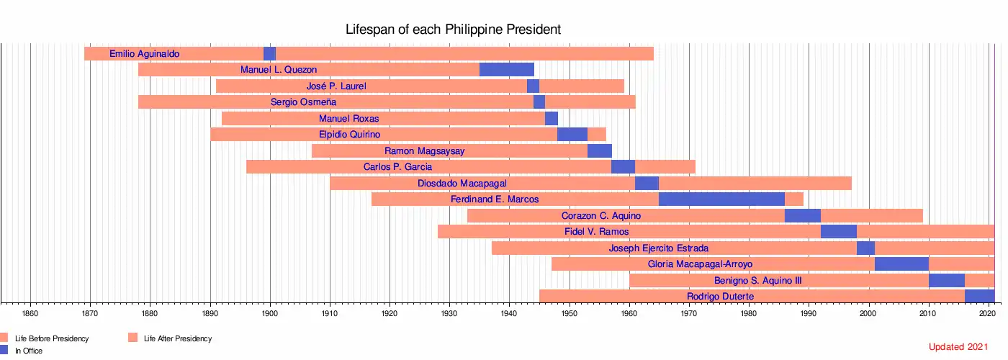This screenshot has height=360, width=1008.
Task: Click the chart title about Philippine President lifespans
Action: [x=453, y=30]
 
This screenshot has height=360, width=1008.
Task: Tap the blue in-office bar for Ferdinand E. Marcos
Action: [x=721, y=199]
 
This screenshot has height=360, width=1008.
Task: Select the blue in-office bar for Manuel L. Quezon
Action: [x=506, y=70]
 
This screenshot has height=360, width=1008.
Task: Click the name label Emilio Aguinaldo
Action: [x=144, y=54]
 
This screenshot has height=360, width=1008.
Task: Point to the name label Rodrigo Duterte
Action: [x=720, y=297]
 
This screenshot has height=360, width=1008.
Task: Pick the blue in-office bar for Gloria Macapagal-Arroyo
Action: [x=901, y=264]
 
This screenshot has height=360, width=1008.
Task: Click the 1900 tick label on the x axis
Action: [x=270, y=314]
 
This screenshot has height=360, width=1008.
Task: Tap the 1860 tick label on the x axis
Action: [x=30, y=314]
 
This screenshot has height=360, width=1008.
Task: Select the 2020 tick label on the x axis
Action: [x=988, y=314]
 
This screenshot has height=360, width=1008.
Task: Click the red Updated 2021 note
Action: [x=958, y=347]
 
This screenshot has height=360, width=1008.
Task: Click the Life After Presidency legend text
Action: [x=178, y=338]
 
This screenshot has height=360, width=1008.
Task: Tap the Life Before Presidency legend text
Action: [x=52, y=338]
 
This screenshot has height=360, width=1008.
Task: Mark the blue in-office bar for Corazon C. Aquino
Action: [x=802, y=215]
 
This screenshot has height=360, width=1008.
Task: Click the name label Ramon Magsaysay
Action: [x=424, y=151]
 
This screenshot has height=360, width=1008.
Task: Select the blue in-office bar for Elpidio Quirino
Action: [x=572, y=135]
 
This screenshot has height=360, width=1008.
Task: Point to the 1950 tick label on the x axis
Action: [x=569, y=314]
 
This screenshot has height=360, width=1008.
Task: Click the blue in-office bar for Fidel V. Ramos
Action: [x=838, y=232]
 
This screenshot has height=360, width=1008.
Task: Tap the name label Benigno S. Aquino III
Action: [x=757, y=280]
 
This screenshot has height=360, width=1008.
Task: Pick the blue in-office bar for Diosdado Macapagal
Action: [x=646, y=184]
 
